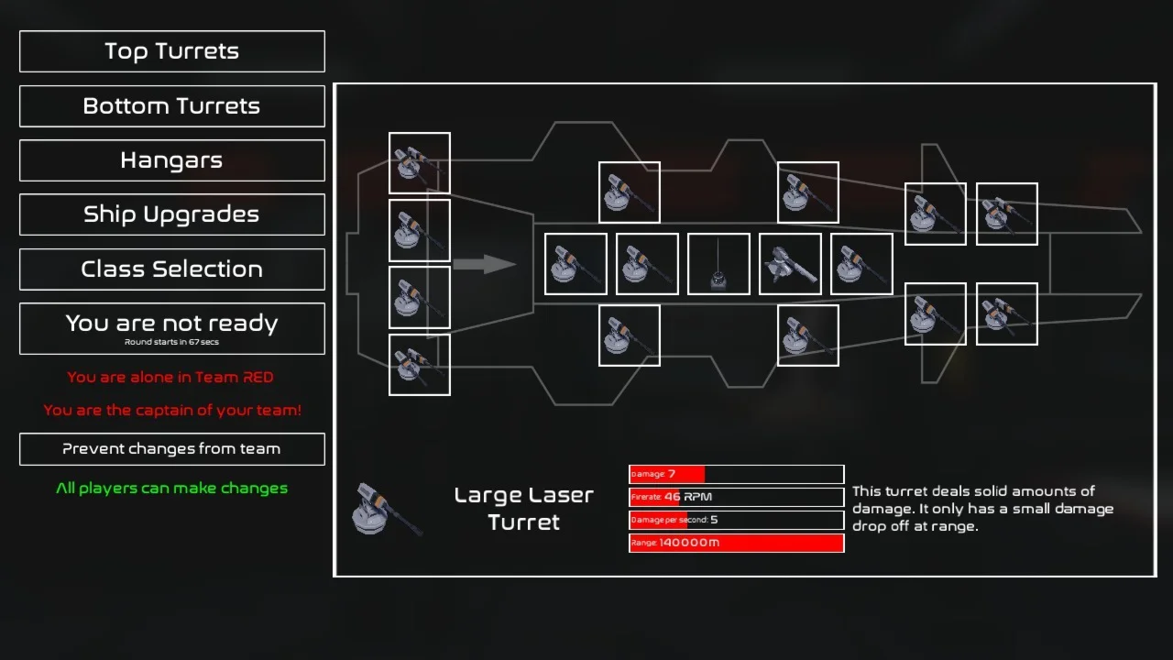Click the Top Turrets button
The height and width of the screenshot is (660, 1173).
point(172,51)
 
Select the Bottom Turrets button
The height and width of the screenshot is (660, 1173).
point(172,106)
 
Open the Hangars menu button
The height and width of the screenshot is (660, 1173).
point(172,160)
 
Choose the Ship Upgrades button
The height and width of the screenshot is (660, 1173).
point(172,214)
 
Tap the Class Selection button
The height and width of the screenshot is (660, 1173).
point(172,269)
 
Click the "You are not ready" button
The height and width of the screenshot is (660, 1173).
point(172,328)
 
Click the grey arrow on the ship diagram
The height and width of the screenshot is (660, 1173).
point(485,264)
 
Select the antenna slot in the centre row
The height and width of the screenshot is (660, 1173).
point(718,264)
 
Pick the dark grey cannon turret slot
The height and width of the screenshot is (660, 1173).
point(790,264)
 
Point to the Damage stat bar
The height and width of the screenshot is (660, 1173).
point(736,474)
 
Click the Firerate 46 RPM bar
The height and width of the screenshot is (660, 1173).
point(736,497)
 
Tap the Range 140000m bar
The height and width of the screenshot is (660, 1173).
point(736,544)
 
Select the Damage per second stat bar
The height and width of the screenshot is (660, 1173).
point(736,520)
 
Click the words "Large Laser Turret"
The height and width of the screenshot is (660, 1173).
point(523,509)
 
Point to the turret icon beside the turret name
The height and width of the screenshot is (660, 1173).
point(387,510)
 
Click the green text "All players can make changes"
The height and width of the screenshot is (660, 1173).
point(171,489)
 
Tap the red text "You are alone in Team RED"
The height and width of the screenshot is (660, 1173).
point(170,377)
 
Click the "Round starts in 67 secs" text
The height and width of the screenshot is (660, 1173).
point(171,342)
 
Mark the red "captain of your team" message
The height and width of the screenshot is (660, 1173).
point(172,410)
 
